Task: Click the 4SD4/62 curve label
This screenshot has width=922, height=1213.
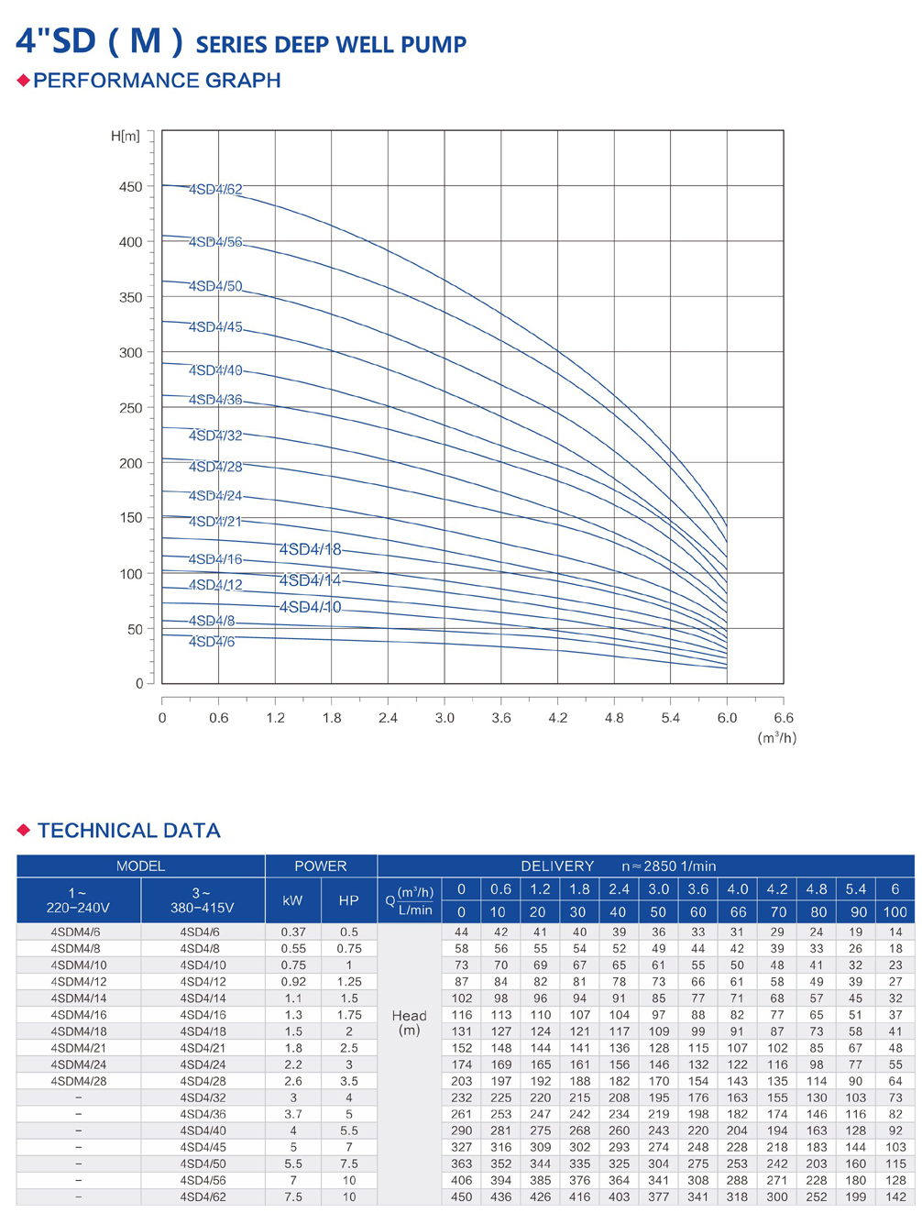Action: tap(215, 190)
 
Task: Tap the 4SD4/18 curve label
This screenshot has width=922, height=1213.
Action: tap(310, 549)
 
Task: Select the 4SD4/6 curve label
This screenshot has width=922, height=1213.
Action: tap(212, 642)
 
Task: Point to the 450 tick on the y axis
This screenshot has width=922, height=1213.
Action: tap(131, 187)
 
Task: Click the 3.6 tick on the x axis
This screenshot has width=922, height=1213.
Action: tap(501, 718)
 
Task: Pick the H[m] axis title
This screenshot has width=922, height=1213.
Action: tap(126, 137)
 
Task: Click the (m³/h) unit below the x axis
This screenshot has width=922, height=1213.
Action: tap(776, 738)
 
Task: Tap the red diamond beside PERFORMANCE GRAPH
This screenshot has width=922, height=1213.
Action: tap(24, 81)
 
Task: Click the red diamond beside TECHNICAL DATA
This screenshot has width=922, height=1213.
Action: tap(24, 830)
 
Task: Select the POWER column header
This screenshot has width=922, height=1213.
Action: tap(321, 866)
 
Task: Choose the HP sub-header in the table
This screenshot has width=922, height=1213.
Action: tap(348, 900)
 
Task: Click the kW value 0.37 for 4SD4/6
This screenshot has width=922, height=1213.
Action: tap(293, 932)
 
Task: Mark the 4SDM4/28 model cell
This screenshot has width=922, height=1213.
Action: tap(79, 1081)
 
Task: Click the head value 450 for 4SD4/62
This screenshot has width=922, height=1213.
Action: tap(461, 1196)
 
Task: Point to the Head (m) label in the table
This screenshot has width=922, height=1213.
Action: tap(409, 1022)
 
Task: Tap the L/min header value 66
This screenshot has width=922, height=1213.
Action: tap(737, 911)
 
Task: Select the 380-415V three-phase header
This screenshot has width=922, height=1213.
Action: tap(202, 900)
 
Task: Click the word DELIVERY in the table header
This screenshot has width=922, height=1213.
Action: tap(557, 866)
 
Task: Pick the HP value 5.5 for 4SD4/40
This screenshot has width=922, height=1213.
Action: tap(348, 1130)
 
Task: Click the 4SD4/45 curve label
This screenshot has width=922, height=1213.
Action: tap(215, 327)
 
